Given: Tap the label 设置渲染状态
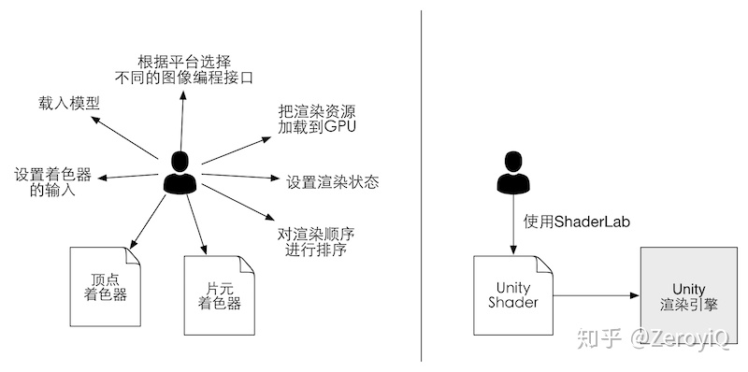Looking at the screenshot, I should click(332, 181).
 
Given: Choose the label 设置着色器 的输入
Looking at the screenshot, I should click(51, 182).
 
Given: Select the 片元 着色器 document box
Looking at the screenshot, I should click(218, 294).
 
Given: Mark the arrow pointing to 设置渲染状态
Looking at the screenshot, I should click(238, 177).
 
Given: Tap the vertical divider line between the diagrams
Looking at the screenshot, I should click(421, 186).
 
